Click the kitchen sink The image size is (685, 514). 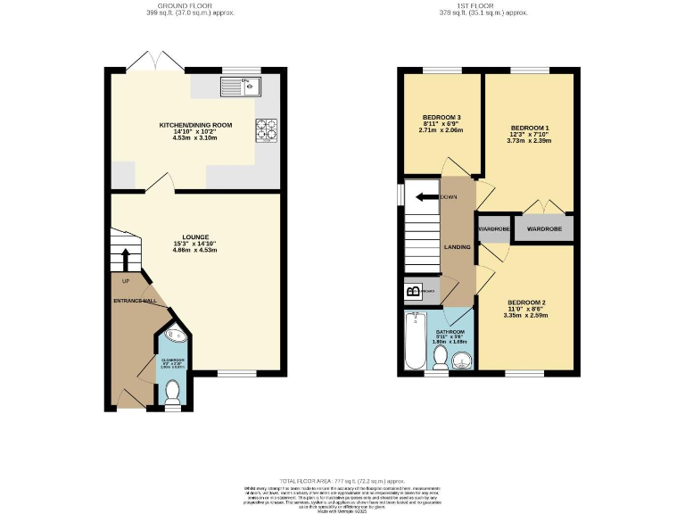(239, 86)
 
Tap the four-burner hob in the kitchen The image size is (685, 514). (266, 130)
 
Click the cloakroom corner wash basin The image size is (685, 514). (174, 336)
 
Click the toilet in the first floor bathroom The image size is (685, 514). (440, 357)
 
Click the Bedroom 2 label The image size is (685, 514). (524, 308)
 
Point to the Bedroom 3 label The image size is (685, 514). (442, 124)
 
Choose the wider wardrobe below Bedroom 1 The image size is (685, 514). (543, 228)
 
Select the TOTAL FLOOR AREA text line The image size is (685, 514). (342, 480)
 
